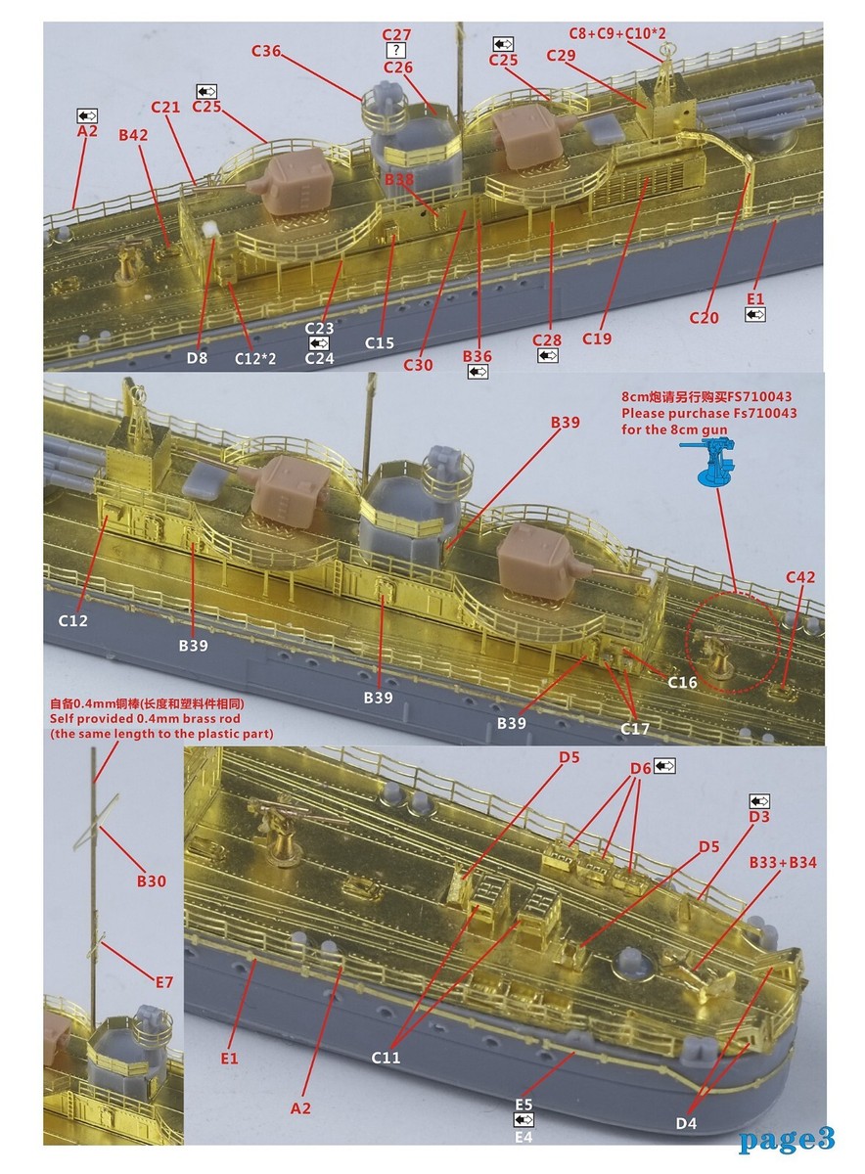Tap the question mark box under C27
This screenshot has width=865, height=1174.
(396, 50)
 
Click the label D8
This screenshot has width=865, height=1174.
(198, 358)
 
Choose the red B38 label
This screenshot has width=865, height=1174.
(399, 180)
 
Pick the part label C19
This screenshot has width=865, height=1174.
(596, 339)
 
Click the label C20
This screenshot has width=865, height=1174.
(704, 317)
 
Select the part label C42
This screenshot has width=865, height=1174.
(799, 578)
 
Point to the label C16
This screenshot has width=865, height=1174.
(682, 682)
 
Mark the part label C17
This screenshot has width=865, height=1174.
(636, 728)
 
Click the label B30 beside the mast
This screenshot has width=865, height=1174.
(151, 881)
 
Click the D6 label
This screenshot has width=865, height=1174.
(640, 769)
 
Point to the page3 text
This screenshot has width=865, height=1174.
(787, 1138)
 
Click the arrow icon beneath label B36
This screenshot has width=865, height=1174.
(478, 373)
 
